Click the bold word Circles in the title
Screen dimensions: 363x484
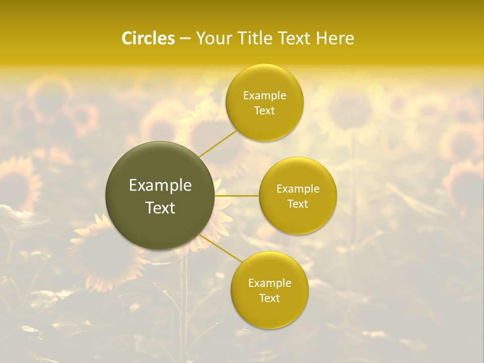(x=148, y=38)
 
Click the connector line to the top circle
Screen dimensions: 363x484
(x=218, y=143)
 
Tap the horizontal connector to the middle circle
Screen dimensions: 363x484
(x=236, y=196)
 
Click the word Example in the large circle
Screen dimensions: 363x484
(x=160, y=186)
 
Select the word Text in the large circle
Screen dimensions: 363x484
(x=160, y=207)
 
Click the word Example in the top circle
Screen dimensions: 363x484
(x=265, y=96)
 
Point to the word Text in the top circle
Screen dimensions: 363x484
(x=265, y=111)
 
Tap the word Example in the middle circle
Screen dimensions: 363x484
(x=298, y=189)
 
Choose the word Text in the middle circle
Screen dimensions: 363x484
(x=298, y=204)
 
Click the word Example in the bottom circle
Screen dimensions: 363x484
(x=270, y=283)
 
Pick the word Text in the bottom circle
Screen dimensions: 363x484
(x=270, y=298)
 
